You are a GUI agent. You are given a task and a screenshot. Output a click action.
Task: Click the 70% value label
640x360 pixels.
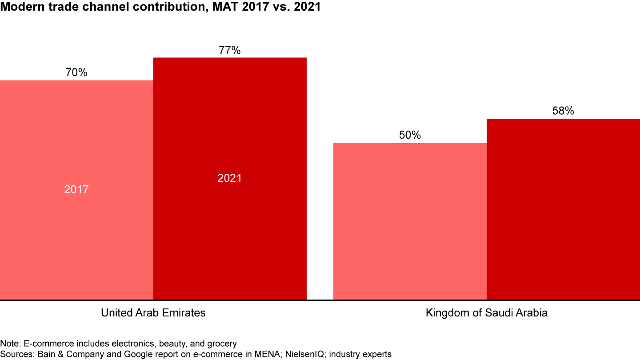[76, 72]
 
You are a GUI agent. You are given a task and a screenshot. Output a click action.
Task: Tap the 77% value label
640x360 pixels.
[230, 50]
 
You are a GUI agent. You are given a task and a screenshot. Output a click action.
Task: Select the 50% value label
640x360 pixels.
[410, 135]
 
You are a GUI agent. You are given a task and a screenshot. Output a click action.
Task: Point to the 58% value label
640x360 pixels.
[563, 111]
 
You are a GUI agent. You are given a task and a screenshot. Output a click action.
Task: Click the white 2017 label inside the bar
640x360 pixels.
[76, 190]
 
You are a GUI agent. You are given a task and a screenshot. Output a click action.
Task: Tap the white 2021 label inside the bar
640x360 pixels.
[230, 178]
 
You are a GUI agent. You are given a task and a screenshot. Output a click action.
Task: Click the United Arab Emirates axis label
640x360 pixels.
[153, 313]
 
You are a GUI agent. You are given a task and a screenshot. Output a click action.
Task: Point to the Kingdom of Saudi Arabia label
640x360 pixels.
[487, 313]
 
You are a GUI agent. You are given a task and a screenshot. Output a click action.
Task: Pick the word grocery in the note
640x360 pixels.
[221, 344]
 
